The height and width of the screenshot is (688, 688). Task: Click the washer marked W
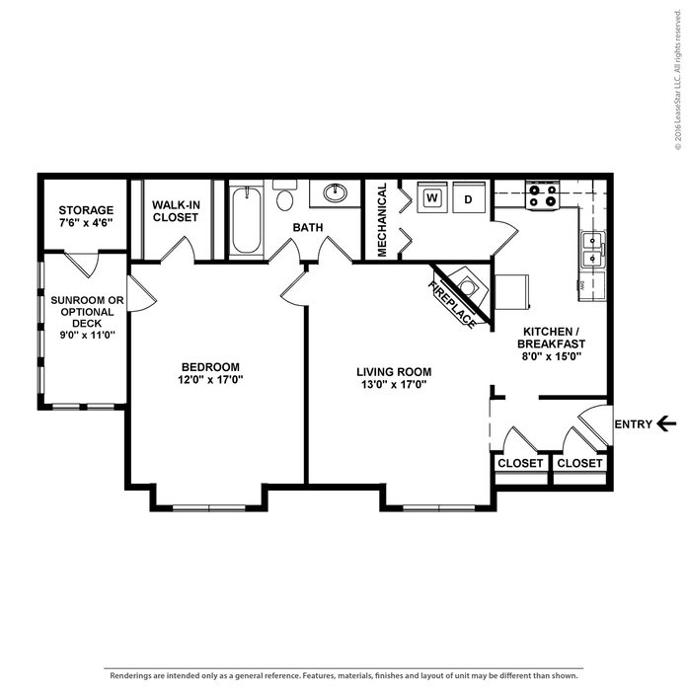(x=432, y=197)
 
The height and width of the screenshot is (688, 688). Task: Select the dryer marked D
(x=469, y=197)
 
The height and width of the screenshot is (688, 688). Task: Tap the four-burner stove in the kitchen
(x=543, y=195)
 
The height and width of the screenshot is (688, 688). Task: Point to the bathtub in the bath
(x=246, y=221)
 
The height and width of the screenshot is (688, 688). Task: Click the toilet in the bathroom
(x=284, y=195)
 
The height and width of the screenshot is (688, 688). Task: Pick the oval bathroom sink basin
(x=336, y=193)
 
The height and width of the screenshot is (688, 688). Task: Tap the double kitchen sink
(x=593, y=250)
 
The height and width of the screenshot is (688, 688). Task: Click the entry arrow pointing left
(x=666, y=423)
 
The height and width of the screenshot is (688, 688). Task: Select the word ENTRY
(x=633, y=424)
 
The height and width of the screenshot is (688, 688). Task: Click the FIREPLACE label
(x=451, y=304)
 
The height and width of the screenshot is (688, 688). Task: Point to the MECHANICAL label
(x=382, y=220)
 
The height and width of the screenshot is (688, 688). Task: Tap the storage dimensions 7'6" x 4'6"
(x=86, y=222)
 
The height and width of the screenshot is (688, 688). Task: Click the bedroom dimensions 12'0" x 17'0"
(x=210, y=379)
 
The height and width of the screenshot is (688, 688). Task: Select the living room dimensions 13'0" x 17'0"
(x=394, y=384)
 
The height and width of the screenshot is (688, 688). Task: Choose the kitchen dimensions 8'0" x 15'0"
(x=552, y=356)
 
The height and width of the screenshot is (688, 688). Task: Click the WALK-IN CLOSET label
(x=176, y=211)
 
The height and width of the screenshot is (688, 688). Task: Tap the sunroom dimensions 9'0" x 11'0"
(x=87, y=335)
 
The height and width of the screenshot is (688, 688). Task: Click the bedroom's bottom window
(x=209, y=508)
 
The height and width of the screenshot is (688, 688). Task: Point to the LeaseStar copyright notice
(x=678, y=79)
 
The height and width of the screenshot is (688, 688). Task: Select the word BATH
(x=308, y=227)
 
